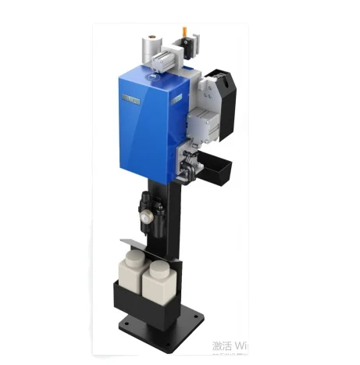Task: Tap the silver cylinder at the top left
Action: (151, 45)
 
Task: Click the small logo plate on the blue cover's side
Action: (178, 97)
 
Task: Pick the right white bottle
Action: (162, 284)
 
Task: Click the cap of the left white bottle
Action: (133, 255)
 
